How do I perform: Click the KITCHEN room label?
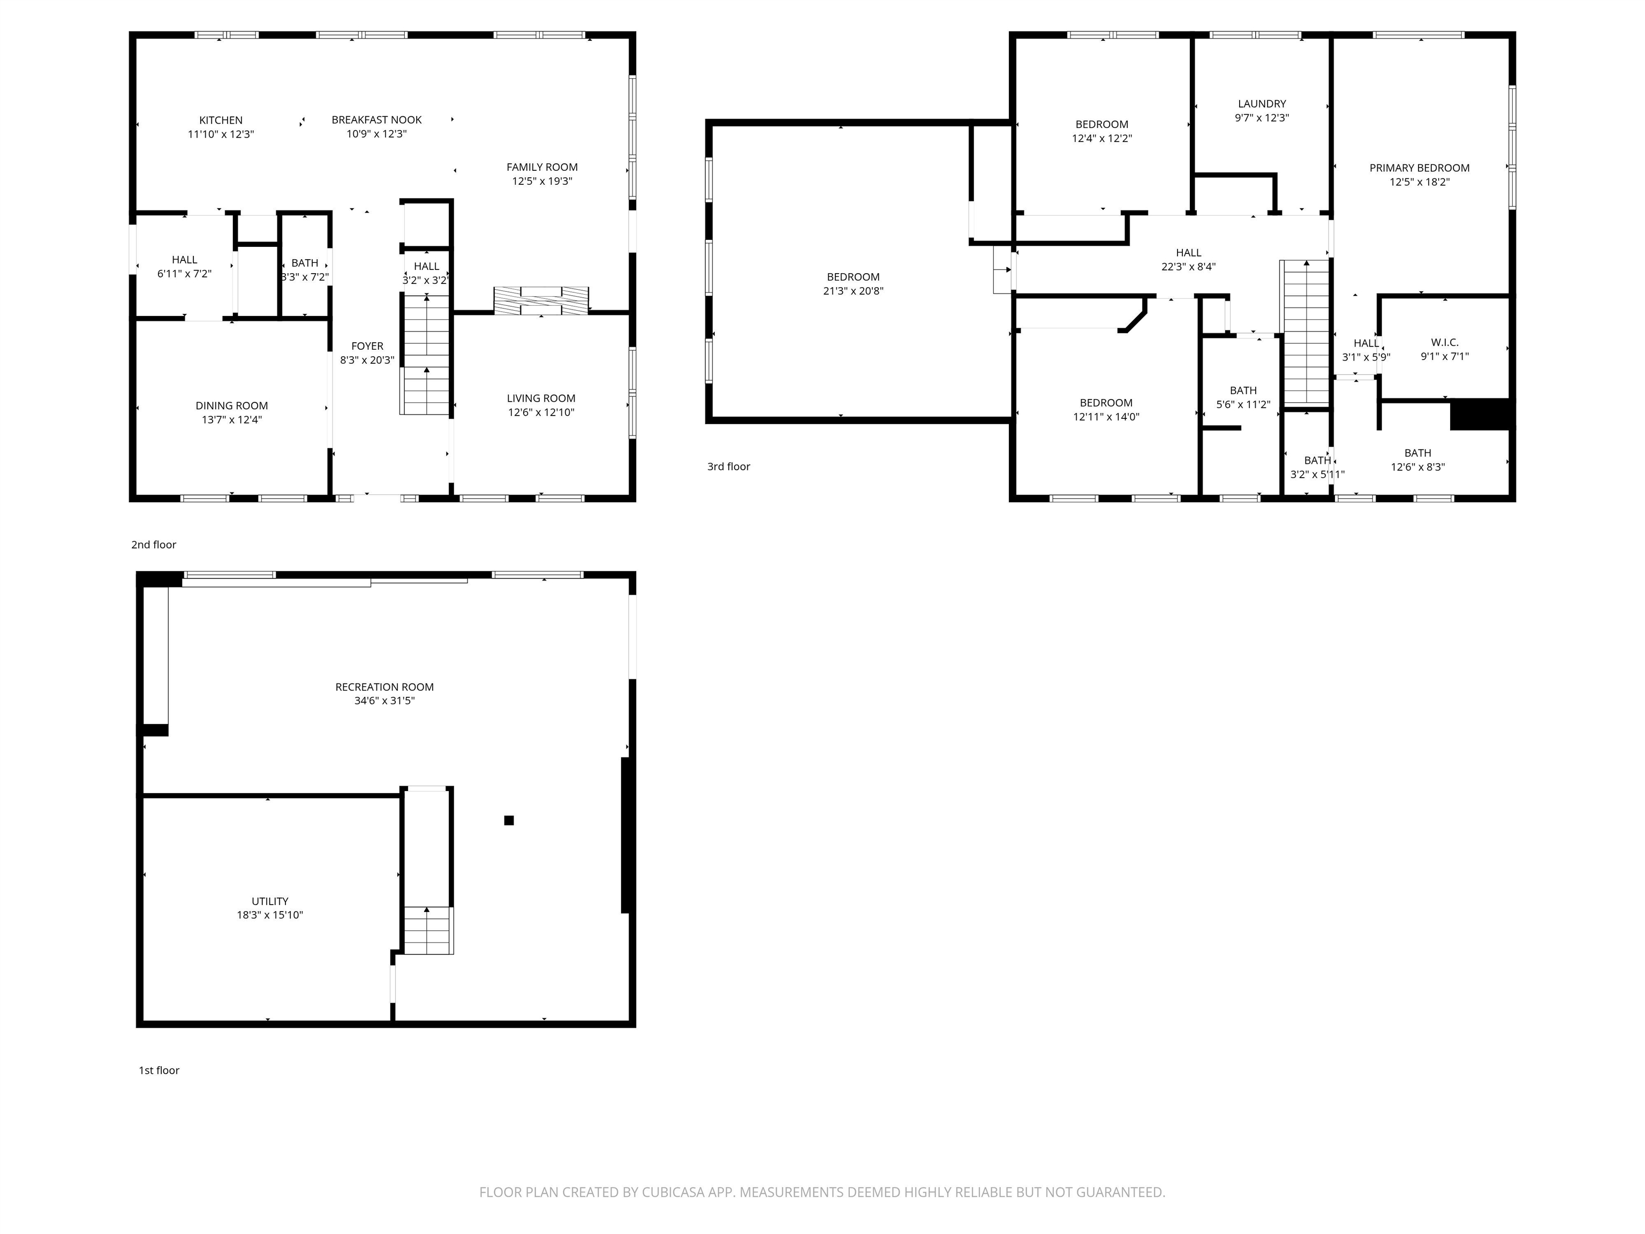pyautogui.click(x=221, y=121)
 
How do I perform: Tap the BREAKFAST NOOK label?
pyautogui.click(x=376, y=120)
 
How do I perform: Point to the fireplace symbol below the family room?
pyautogui.click(x=541, y=300)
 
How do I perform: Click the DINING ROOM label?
pyautogui.click(x=231, y=405)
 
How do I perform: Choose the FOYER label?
pyautogui.click(x=367, y=346)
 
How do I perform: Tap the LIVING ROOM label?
pyautogui.click(x=541, y=398)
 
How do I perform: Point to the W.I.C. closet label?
pyautogui.click(x=1444, y=342)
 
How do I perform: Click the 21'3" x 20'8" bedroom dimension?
pyautogui.click(x=853, y=291)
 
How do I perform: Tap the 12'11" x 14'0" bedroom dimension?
pyautogui.click(x=1106, y=417)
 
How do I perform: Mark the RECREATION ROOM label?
pyautogui.click(x=384, y=687)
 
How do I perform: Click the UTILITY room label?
pyautogui.click(x=270, y=901)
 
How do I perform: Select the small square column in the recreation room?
pyautogui.click(x=509, y=821)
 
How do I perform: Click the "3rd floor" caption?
pyautogui.click(x=729, y=466)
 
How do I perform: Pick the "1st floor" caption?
pyautogui.click(x=159, y=1070)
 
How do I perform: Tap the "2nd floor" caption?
pyautogui.click(x=154, y=545)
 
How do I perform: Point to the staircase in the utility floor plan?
pyautogui.click(x=428, y=930)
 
